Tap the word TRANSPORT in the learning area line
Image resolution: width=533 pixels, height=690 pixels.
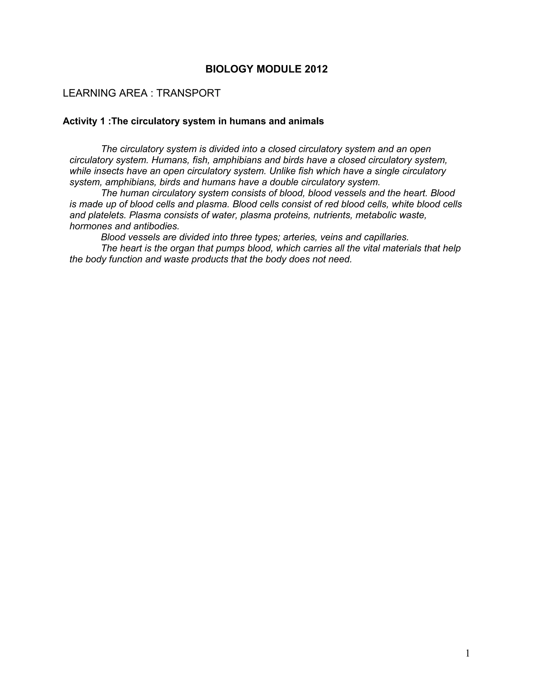[x=188, y=93]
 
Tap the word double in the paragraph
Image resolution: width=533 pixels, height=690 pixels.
[x=284, y=182]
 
